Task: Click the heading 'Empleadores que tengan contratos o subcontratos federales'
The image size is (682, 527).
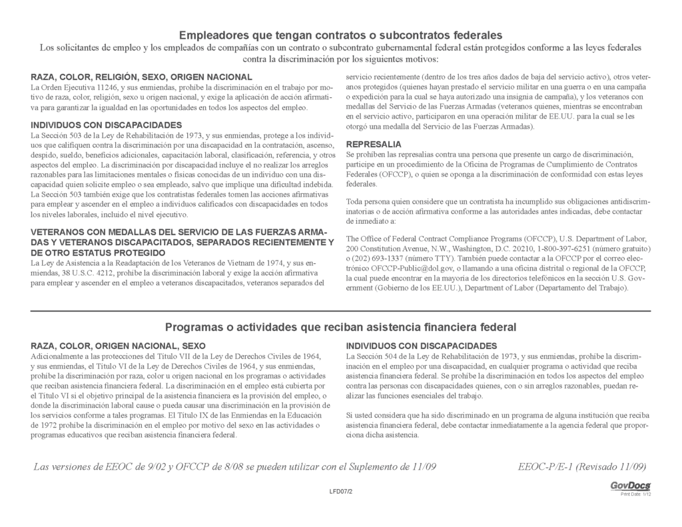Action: tap(340, 35)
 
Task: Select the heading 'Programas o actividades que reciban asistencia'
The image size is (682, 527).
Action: tap(340, 327)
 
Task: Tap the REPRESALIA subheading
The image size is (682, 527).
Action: tap(374, 144)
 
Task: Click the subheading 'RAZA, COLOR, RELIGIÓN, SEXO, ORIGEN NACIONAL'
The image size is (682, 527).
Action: tap(141, 77)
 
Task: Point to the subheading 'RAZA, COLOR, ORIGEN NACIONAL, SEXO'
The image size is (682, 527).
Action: tap(119, 346)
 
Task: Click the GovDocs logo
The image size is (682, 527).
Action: tap(630, 486)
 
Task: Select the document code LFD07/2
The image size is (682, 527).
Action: tap(340, 491)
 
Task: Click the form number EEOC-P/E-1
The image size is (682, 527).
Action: tap(545, 466)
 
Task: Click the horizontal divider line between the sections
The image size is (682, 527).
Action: tap(340, 311)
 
